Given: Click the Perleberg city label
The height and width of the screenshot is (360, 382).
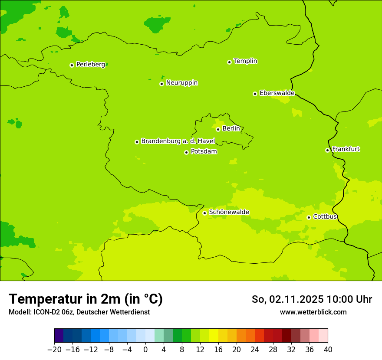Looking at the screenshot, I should [x=90, y=65].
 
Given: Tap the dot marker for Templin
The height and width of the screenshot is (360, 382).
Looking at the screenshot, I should [x=229, y=62].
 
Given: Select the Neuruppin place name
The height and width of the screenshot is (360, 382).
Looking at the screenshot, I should [x=181, y=83].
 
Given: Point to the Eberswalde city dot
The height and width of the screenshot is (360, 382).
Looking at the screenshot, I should [x=255, y=94].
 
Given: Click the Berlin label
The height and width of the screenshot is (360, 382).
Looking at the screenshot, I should [x=231, y=129].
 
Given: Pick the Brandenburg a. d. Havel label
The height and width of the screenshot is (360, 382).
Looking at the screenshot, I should [x=178, y=141].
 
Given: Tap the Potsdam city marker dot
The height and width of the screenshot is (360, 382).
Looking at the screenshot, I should [x=186, y=152].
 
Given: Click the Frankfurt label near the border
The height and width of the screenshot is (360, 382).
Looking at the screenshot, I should [x=346, y=149].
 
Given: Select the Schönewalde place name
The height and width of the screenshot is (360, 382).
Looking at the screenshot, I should [x=229, y=212].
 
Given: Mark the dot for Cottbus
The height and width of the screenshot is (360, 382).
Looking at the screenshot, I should [x=309, y=217].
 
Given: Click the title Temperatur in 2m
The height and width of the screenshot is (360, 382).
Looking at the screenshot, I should [x=86, y=299].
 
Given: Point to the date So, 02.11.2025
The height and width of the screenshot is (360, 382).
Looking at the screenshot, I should [x=287, y=299].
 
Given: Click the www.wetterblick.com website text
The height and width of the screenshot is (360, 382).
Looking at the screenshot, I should [x=313, y=312].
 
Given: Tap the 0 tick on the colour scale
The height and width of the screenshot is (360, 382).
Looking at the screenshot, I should [x=145, y=349].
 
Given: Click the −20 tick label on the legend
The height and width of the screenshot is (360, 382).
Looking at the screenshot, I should [x=54, y=349].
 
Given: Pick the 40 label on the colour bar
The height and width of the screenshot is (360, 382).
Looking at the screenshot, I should [x=328, y=349].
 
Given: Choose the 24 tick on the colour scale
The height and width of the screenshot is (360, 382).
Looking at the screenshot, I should [x=255, y=349].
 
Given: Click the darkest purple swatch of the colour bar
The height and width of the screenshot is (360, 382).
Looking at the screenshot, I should [x=59, y=336].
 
